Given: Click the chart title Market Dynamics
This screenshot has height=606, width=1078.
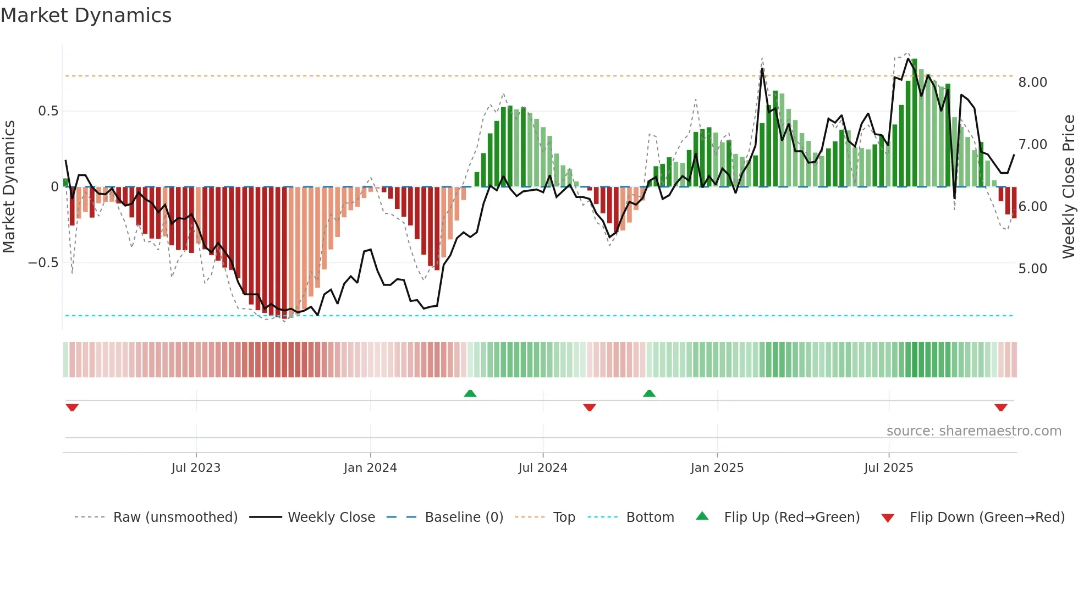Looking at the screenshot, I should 86,15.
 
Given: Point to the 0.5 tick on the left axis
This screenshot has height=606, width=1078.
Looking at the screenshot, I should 48,111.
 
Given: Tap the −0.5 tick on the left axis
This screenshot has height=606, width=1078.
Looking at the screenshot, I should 43,263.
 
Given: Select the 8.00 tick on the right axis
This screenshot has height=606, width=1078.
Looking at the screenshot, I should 1032,82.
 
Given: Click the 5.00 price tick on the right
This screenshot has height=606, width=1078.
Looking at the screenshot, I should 1032,269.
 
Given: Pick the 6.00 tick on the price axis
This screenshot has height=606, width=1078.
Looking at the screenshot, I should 1032,207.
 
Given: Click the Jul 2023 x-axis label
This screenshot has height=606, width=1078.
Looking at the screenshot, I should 196,468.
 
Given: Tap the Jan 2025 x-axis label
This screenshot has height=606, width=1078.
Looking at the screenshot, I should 717,468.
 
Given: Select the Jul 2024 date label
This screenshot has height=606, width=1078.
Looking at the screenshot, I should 542,468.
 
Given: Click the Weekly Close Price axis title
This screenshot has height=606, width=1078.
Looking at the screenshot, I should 1068,187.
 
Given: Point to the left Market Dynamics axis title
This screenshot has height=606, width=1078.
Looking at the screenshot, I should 9,187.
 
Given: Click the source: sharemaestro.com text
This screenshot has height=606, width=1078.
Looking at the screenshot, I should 974,431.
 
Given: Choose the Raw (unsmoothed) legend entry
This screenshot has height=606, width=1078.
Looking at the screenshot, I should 175,517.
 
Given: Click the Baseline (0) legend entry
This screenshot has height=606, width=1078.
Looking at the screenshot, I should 464,517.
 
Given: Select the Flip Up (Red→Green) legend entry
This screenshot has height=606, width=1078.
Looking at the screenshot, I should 791,517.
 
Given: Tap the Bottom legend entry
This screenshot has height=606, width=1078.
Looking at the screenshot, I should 650,517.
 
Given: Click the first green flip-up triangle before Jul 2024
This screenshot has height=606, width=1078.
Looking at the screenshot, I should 470,394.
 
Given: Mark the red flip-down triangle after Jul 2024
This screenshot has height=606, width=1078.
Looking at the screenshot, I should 590,407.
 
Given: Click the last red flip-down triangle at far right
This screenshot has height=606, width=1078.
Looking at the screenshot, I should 1000,407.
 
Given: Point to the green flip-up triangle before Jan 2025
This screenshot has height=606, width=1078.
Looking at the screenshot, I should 649,394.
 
